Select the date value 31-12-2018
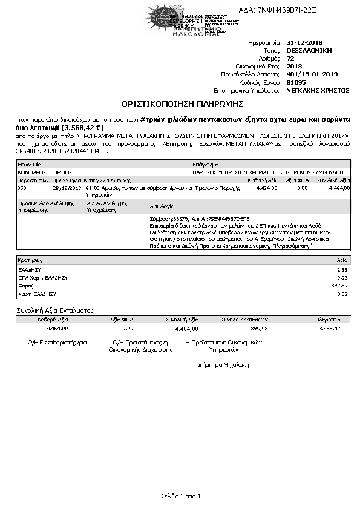[x=305, y=44]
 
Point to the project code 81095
[x=296, y=82]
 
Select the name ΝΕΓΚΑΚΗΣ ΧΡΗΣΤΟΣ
[x=318, y=90]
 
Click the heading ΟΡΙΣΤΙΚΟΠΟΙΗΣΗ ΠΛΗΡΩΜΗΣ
[x=179, y=104]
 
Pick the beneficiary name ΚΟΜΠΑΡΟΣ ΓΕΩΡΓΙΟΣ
[x=41, y=172]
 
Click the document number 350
[x=22, y=188]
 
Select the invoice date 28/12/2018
[x=67, y=188]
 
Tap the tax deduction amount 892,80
[x=341, y=285]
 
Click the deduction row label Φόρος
[x=25, y=285]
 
